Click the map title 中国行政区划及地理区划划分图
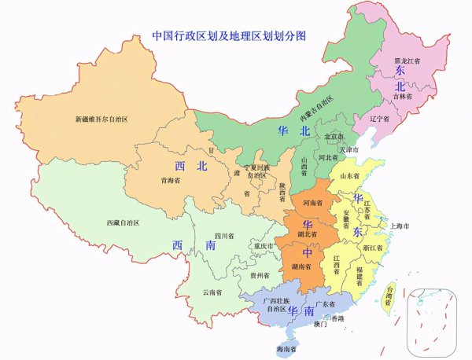tap(228, 36)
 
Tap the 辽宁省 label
tap(380, 119)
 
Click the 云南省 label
tap(212, 292)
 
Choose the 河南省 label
tap(313, 203)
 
